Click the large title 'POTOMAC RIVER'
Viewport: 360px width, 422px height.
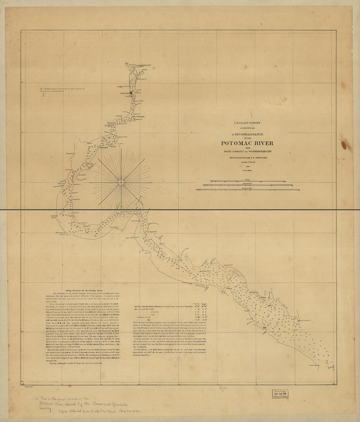pos(247,143)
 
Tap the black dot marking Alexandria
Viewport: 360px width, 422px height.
pos(131,93)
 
